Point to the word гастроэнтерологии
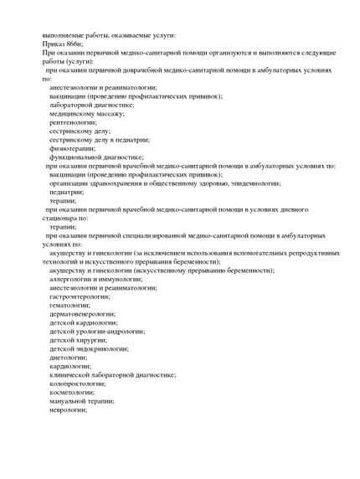(80, 296)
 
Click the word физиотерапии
(71, 148)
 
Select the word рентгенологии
(73, 122)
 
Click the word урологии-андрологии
(108, 331)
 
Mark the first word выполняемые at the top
(65, 35)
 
